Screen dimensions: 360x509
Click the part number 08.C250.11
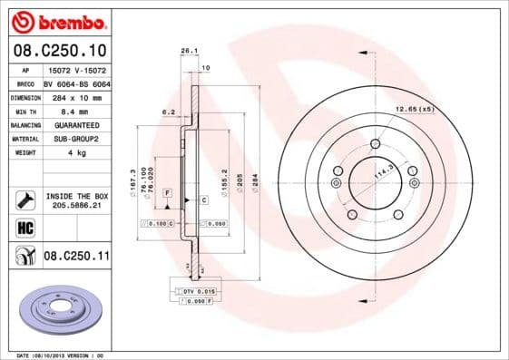76,257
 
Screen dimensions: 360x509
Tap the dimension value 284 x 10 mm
73,95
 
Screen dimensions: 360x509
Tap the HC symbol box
24,227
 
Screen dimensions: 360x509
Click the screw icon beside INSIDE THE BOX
24,199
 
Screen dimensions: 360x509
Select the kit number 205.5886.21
76,206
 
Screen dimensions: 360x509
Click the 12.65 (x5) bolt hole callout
414,109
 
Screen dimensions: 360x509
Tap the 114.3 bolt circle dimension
385,172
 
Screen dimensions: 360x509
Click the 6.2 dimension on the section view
168,112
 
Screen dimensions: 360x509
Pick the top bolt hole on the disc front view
375,142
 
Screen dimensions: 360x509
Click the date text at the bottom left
61,355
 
